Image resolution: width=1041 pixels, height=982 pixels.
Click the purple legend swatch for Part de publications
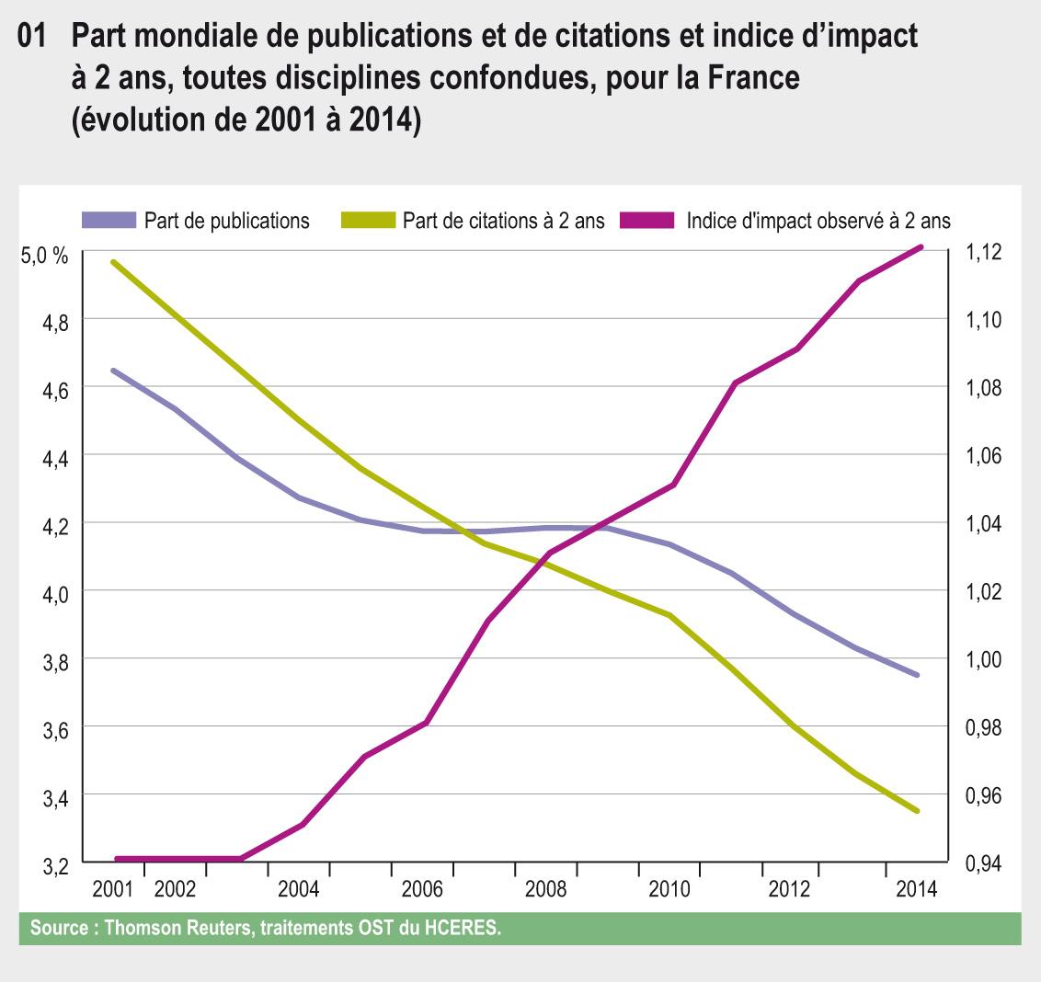[109, 221]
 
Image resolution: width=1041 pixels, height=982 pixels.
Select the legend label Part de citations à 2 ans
[503, 221]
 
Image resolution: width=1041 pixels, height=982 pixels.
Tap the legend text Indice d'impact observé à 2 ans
[818, 221]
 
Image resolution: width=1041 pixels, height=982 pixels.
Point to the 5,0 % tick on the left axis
[44, 257]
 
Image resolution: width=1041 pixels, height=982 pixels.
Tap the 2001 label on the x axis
[113, 890]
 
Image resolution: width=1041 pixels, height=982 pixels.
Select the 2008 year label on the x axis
[545, 890]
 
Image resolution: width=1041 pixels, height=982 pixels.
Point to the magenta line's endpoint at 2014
[920, 247]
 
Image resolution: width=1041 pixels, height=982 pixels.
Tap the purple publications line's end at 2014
[917, 675]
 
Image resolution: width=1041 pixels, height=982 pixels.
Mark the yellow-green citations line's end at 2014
[917, 811]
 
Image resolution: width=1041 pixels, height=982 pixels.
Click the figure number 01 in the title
[33, 39]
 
